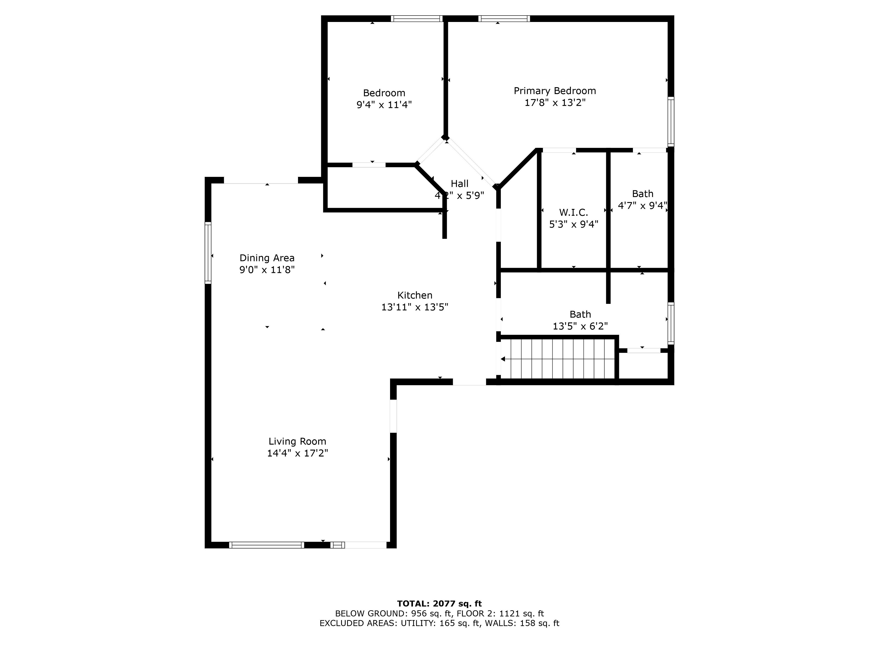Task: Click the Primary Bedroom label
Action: (x=555, y=91)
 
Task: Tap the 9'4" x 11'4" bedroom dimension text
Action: (x=384, y=105)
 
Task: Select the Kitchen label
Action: (x=415, y=295)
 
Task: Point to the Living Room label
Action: (x=297, y=441)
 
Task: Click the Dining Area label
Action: (x=267, y=258)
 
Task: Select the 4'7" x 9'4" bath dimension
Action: (x=643, y=206)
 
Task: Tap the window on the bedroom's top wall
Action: (x=416, y=18)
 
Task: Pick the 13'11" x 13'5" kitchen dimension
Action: (x=415, y=307)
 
